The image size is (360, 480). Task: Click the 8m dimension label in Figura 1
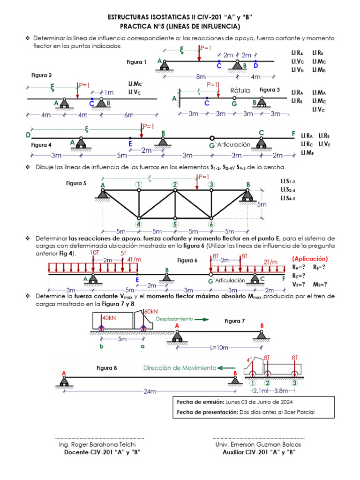[201, 76]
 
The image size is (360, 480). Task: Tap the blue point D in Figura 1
[255, 61]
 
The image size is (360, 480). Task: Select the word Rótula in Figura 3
[240, 90]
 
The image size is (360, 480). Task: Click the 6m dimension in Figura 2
[129, 115]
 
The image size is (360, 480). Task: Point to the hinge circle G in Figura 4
[212, 138]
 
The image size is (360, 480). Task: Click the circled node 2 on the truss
[175, 184]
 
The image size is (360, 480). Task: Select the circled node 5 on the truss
[175, 224]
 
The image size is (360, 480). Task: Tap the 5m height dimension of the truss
[262, 205]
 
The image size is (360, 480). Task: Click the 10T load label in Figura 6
[94, 253]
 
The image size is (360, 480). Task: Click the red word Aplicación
[310, 259]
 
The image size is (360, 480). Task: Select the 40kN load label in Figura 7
[109, 318]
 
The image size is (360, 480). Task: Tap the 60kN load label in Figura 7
[151, 311]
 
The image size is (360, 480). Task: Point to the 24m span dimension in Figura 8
[150, 391]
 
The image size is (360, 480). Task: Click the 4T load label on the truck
[249, 360]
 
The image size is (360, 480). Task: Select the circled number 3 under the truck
[294, 382]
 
